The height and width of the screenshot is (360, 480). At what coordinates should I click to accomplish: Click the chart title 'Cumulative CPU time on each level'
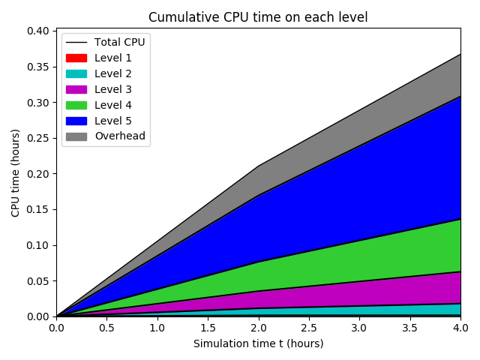pyautogui.click(x=258, y=17)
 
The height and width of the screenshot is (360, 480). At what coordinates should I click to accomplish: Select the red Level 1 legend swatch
pyautogui.click(x=76, y=58)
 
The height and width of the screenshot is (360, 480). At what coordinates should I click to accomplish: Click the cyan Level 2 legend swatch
pyautogui.click(x=76, y=73)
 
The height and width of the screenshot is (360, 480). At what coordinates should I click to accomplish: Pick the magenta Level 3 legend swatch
pyautogui.click(x=76, y=89)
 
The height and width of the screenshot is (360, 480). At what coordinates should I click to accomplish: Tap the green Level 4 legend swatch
pyautogui.click(x=76, y=105)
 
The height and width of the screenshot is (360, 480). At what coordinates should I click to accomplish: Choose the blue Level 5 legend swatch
pyautogui.click(x=76, y=121)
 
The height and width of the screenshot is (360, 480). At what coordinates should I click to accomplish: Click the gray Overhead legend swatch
pyautogui.click(x=76, y=136)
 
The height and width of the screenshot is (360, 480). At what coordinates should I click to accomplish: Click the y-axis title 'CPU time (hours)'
pyautogui.click(x=16, y=173)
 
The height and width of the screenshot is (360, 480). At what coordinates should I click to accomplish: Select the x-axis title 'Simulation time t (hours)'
pyautogui.click(x=258, y=344)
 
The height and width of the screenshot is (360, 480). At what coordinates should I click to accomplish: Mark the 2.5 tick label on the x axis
pyautogui.click(x=308, y=328)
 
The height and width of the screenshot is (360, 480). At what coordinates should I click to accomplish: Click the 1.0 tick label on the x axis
pyautogui.click(x=157, y=328)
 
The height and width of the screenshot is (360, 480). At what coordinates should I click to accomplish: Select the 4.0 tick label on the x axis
pyautogui.click(x=460, y=328)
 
